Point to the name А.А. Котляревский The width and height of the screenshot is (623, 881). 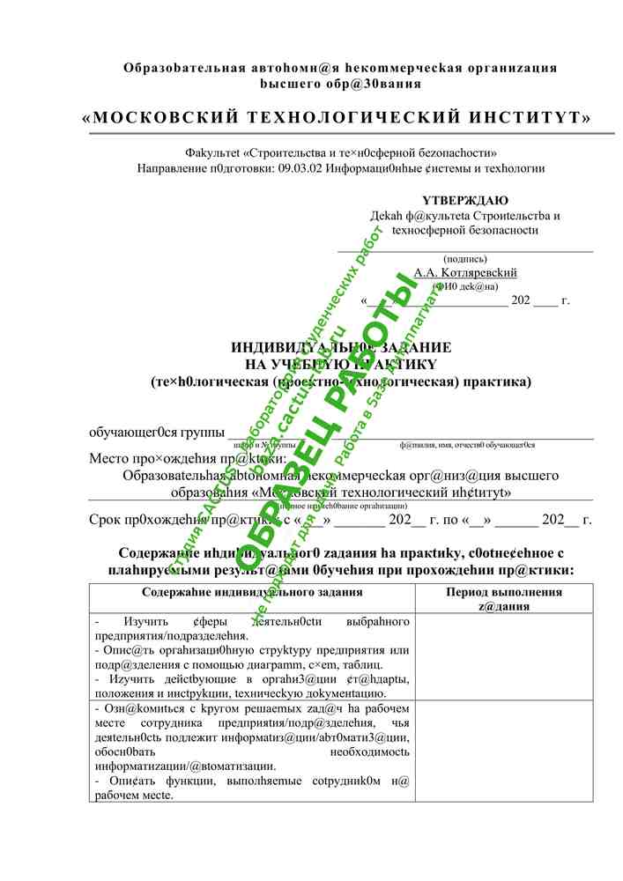pyautogui.click(x=465, y=273)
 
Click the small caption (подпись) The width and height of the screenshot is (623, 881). pyautogui.click(x=465, y=259)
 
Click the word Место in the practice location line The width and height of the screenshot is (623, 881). pyautogui.click(x=110, y=458)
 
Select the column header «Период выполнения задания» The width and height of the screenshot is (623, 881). pyautogui.click(x=504, y=599)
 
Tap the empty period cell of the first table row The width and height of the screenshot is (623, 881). pyautogui.click(x=504, y=656)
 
